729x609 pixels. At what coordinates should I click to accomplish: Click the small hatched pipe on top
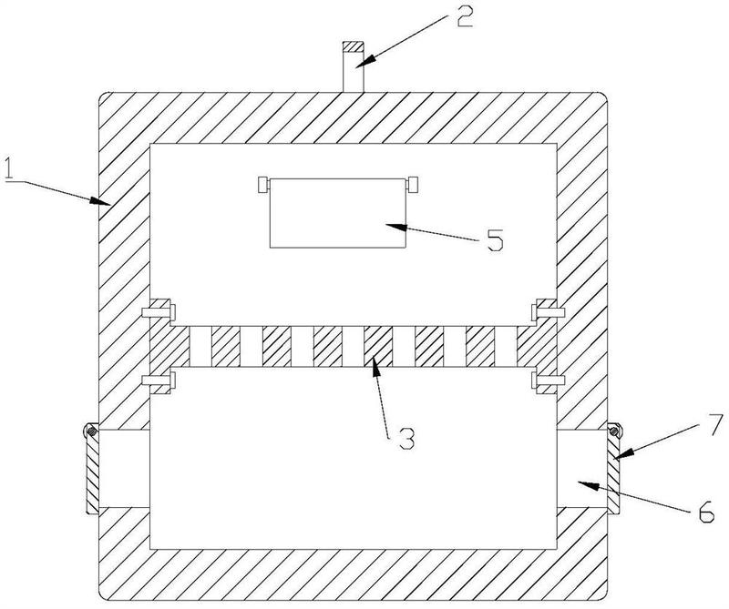tap(352, 66)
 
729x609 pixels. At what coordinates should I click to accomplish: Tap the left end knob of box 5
tap(262, 185)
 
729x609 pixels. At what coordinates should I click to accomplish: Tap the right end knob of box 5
tap(414, 185)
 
